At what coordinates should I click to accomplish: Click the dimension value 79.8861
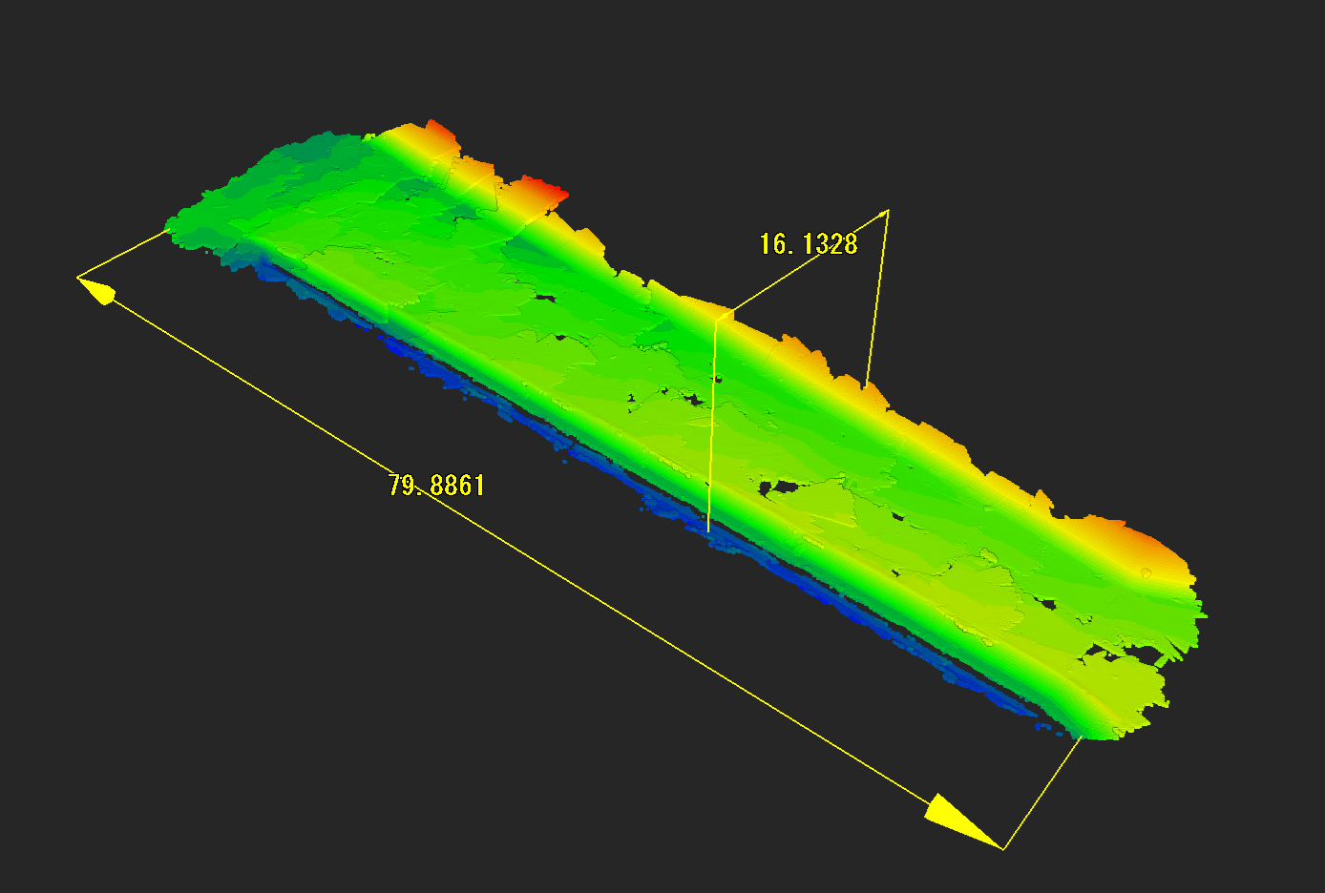pyautogui.click(x=436, y=486)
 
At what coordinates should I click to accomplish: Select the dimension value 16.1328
pyautogui.click(x=808, y=244)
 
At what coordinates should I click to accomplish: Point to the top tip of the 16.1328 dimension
pyautogui.click(x=887, y=211)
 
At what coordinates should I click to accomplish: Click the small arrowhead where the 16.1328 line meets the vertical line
pyautogui.click(x=724, y=316)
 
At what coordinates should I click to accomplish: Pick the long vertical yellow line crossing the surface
pyautogui.click(x=712, y=426)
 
